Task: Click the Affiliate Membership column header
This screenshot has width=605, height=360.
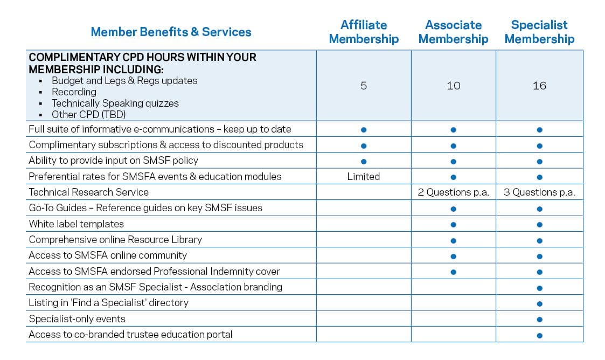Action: (x=364, y=32)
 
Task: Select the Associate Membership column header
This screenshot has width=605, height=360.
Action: (x=453, y=32)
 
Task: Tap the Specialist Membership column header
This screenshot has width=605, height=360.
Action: (x=539, y=32)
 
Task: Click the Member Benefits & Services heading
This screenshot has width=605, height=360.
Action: (x=171, y=32)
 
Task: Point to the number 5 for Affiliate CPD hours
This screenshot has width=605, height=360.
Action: (x=364, y=86)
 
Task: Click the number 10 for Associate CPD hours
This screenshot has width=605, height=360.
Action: (x=454, y=86)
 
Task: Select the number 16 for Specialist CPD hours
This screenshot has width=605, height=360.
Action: (x=539, y=86)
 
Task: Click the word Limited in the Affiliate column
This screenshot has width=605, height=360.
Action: (x=364, y=177)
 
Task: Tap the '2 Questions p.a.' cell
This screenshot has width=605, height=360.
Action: (x=454, y=192)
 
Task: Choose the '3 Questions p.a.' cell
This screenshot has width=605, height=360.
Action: (x=539, y=192)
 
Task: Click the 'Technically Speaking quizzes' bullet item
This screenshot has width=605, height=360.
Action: (x=115, y=103)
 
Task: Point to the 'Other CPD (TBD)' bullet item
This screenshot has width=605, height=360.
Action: (x=89, y=114)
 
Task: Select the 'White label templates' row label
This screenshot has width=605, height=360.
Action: (x=77, y=224)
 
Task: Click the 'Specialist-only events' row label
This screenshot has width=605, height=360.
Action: (x=77, y=319)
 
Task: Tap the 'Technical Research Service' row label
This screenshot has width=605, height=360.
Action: (x=88, y=192)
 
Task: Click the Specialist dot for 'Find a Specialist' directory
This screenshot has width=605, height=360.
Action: (x=539, y=304)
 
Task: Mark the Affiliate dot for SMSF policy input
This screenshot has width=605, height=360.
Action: (x=364, y=161)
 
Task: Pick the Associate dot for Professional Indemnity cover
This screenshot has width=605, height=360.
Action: (x=454, y=272)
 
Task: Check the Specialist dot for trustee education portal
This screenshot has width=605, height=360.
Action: (x=539, y=335)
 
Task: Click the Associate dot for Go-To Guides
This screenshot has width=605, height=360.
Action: (x=454, y=209)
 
